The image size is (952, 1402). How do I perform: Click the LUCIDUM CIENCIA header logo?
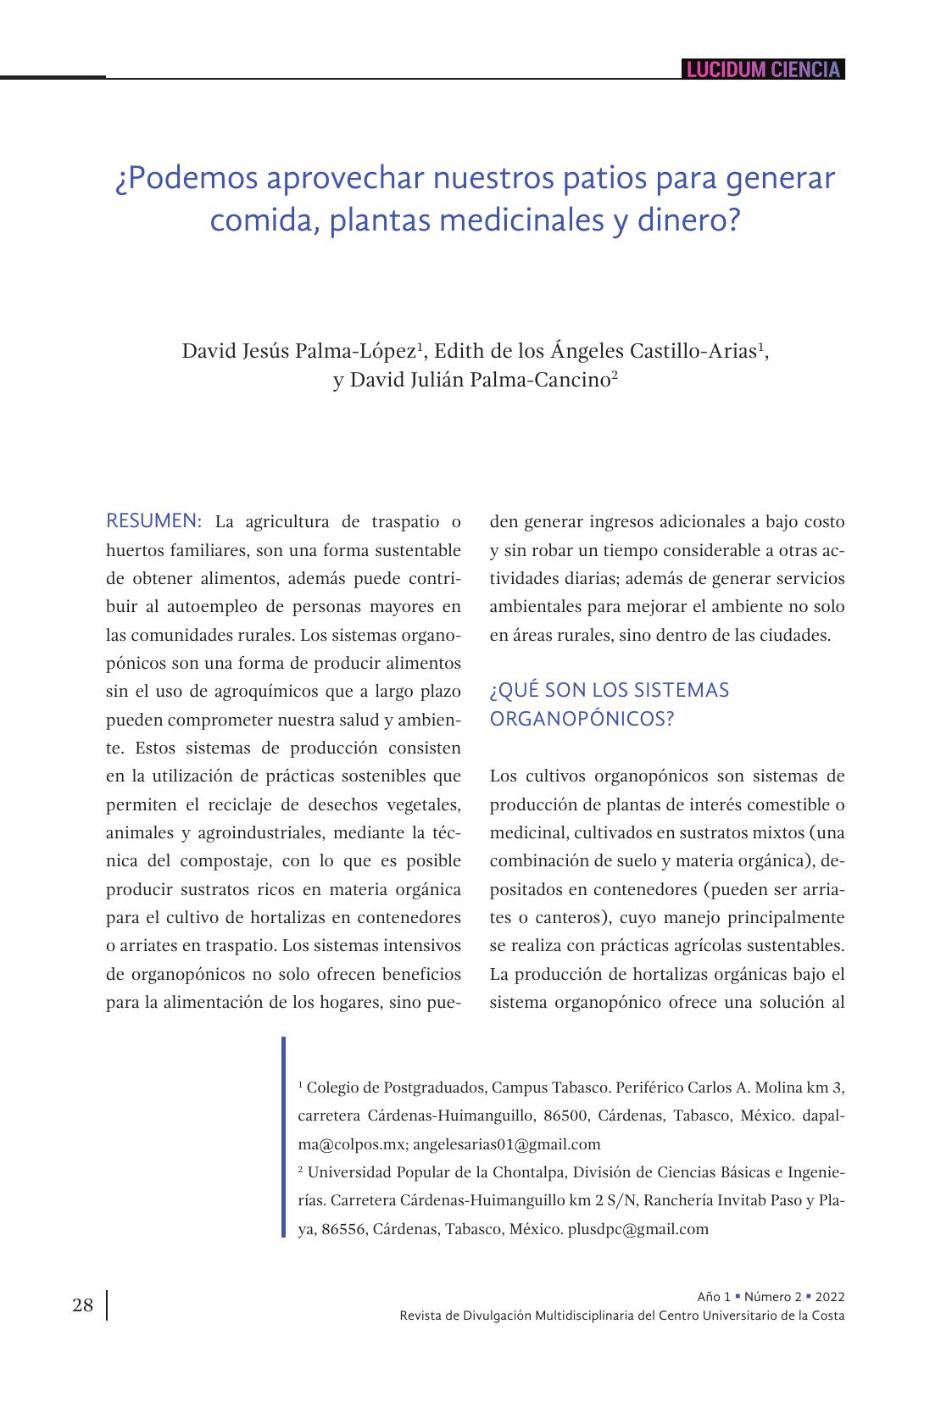pos(763,70)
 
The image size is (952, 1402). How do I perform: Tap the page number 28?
pos(82,1305)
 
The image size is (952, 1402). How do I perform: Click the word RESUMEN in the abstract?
pos(153,520)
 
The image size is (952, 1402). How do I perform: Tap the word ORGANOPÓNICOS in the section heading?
pos(582,719)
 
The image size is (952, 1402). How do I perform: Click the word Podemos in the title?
pos(184,179)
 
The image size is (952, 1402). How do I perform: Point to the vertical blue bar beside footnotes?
pos(283,1137)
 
